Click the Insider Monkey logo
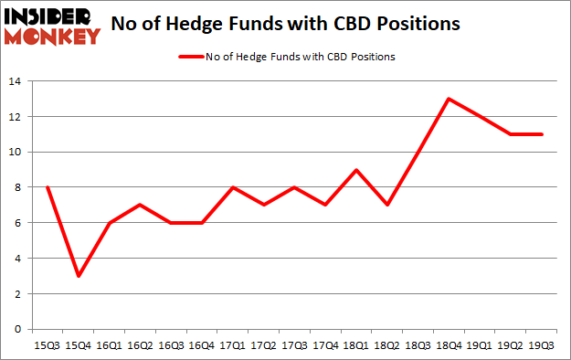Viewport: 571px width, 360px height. pos(54,26)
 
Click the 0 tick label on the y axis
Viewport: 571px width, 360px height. pos(20,330)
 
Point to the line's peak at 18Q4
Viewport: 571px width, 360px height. pos(448,100)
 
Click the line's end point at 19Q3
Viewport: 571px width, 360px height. pos(541,134)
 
